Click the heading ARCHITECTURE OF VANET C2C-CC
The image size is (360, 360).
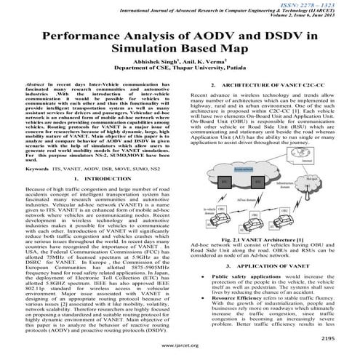pos(276,105)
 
